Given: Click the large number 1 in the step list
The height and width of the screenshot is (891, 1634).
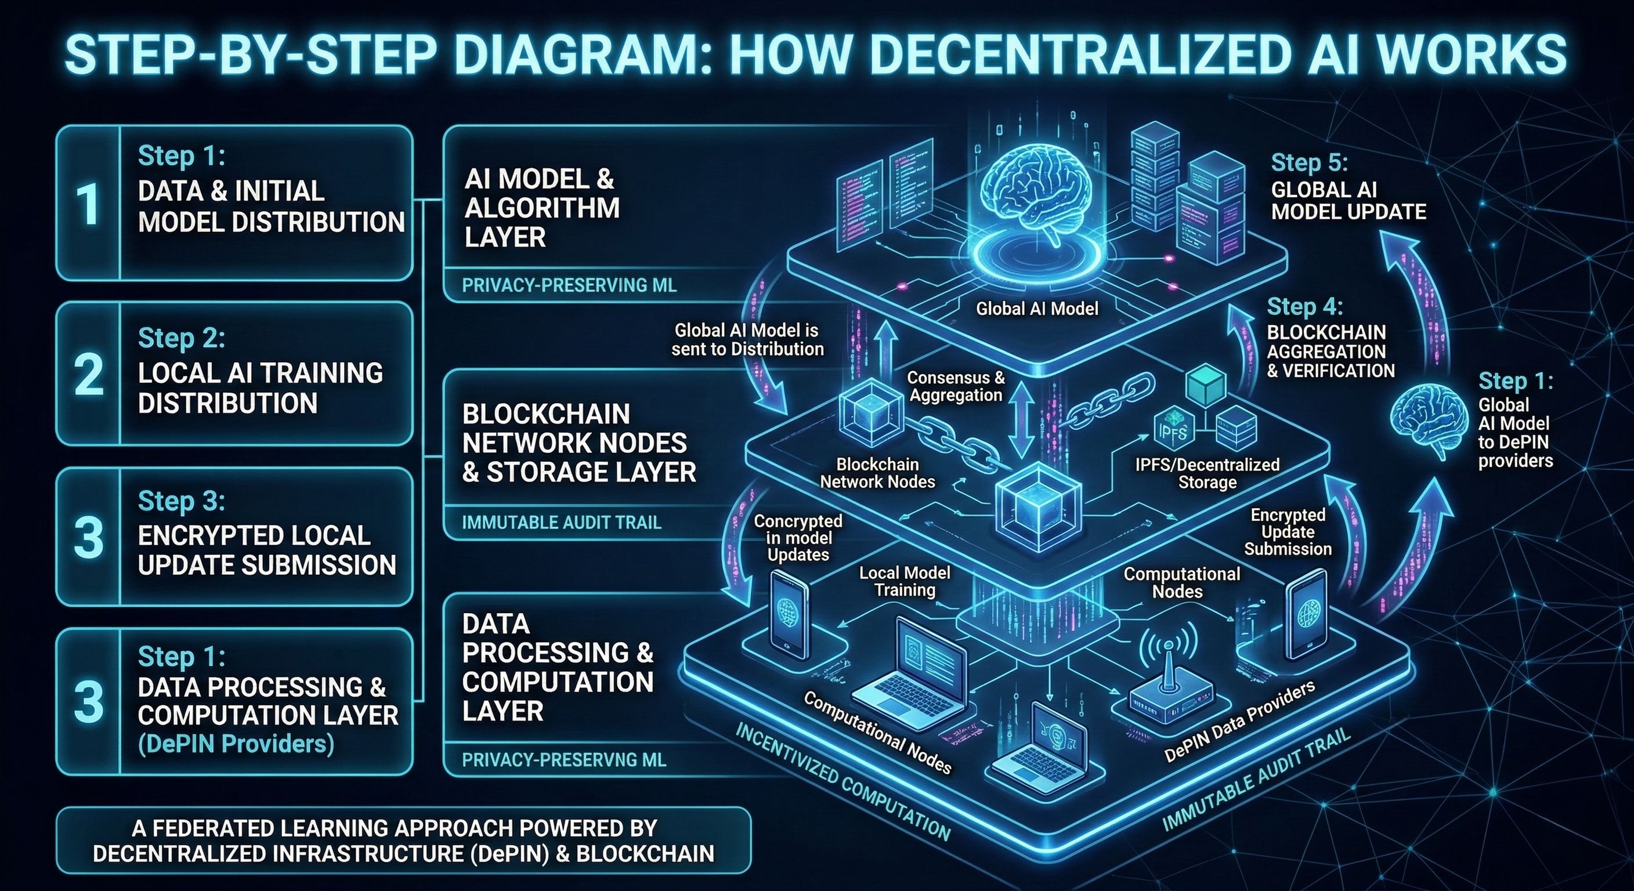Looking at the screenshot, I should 88,204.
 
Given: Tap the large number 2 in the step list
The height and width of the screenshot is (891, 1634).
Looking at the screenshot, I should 88,374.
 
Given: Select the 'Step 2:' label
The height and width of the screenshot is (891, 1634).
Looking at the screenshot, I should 182,338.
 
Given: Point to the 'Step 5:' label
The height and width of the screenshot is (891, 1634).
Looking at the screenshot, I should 1309,163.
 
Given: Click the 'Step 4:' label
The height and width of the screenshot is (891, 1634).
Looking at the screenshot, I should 1305,307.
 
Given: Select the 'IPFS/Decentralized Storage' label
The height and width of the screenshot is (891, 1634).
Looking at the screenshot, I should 1207,473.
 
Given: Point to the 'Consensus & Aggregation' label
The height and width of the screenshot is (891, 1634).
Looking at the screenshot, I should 956,386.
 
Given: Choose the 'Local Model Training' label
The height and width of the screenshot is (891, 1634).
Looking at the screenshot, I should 905,581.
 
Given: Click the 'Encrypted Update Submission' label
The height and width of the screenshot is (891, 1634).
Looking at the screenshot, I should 1288,532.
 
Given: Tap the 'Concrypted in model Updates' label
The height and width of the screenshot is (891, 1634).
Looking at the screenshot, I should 798,538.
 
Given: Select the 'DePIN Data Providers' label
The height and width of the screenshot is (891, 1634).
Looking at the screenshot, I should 1240,722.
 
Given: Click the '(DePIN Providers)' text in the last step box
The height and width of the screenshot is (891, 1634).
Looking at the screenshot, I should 236,744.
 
